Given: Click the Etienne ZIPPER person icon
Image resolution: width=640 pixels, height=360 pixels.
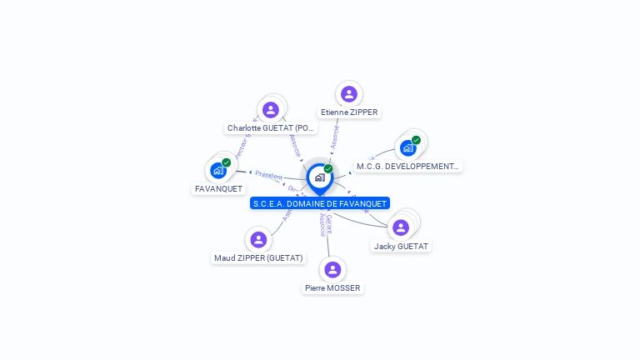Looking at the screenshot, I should coord(349,94).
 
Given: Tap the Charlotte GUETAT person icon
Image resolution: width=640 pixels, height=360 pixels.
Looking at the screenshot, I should coord(270,110).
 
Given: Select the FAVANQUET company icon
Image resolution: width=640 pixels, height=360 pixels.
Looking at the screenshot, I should coord(218,171).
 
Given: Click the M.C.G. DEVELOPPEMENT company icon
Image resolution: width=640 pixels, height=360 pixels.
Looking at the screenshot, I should coord(407,148).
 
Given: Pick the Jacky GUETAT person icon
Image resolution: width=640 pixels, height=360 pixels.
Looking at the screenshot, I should coord(401,227).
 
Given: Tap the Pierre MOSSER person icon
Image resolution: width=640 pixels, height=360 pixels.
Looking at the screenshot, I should coord(332,269).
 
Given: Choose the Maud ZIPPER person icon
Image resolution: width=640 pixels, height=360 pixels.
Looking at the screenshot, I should coord(258,240).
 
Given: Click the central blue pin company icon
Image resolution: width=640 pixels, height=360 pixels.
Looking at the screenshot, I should coord(319,177).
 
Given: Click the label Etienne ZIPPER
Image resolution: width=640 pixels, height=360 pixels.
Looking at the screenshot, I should coord(349,112).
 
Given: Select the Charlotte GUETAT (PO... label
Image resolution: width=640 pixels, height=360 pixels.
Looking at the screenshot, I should coord(271,128).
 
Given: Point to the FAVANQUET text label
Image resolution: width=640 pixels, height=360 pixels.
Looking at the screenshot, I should coord(218,189).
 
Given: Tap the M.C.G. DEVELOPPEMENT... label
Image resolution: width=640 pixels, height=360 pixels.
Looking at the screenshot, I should coord(407,167).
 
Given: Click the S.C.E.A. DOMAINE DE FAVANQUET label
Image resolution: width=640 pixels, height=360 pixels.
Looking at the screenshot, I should coord(319,203).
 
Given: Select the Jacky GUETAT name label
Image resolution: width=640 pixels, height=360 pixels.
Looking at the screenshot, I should coord(402,247).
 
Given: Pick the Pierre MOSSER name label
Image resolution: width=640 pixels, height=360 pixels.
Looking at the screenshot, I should coord(332,288).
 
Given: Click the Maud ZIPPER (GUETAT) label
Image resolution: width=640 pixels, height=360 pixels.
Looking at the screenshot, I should coord(258,258).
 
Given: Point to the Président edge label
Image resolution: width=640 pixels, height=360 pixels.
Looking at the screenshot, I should coord(269,175).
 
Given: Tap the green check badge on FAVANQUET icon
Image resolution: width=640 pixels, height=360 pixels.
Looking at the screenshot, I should coord(226,163).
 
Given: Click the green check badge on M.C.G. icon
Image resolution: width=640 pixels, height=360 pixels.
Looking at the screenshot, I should coord(416,140).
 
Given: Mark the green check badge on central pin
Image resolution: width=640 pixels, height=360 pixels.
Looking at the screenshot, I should coord(328,168).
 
